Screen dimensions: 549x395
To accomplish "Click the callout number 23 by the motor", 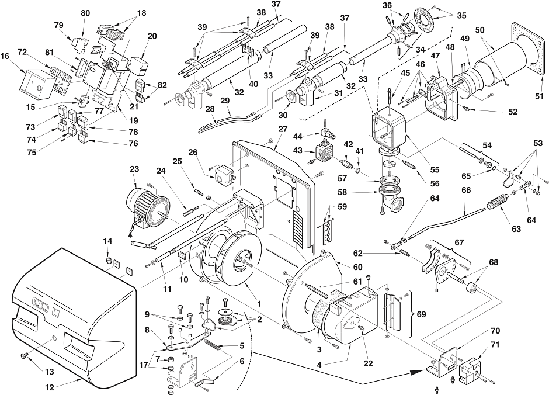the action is coord(134,169).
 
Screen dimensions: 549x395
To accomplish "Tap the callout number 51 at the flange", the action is coord(540,96).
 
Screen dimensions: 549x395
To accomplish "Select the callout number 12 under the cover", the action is coord(50,387).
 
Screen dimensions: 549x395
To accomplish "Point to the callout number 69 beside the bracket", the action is coord(421,314).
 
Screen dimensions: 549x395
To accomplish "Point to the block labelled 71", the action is coord(471,368).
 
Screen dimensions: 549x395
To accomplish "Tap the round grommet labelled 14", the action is coord(109,260).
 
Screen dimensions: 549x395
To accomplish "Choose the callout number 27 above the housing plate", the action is coord(283,129).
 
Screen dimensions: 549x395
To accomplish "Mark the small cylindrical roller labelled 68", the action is coord(472,289).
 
